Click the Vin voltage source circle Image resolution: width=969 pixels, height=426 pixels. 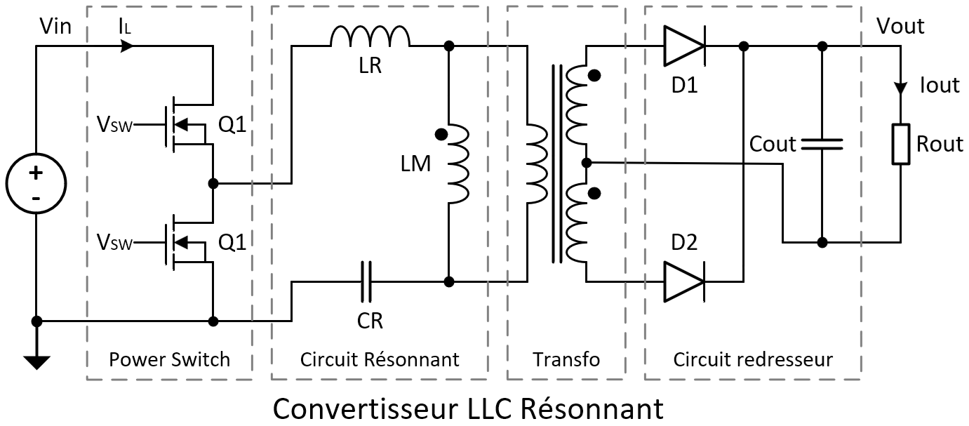[x=36, y=184]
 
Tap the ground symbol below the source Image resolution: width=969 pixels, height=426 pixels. [x=36, y=361]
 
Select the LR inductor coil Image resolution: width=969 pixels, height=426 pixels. [x=370, y=36]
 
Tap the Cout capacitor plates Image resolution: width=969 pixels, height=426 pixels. [x=822, y=144]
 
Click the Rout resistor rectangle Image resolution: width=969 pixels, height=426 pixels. [x=901, y=144]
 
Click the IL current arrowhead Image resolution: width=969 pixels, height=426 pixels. [x=127, y=47]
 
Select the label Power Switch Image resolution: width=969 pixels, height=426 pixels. [x=169, y=360]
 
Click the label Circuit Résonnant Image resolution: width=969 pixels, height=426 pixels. [x=380, y=360]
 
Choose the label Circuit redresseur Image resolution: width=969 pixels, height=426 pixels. [x=753, y=360]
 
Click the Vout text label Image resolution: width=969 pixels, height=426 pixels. [x=900, y=26]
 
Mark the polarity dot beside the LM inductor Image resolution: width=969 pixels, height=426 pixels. [x=441, y=134]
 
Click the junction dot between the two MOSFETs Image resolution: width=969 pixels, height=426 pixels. [x=213, y=183]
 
